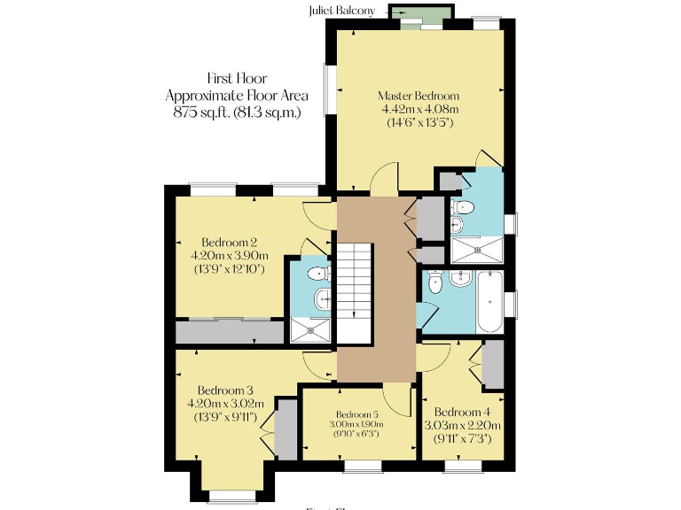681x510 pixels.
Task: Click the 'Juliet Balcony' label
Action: (x=341, y=11)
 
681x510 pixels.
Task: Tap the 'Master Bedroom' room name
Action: (x=419, y=96)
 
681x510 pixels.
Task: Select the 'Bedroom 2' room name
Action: (x=229, y=243)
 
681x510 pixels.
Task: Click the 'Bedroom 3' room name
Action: (x=225, y=390)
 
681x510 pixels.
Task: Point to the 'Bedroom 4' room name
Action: (x=462, y=412)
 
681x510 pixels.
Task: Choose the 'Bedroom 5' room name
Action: (x=357, y=414)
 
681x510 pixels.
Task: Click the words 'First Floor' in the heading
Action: (x=237, y=79)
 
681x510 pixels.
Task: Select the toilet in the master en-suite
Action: (x=463, y=208)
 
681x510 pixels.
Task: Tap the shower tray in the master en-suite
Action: (x=479, y=250)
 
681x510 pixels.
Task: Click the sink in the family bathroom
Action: (x=459, y=280)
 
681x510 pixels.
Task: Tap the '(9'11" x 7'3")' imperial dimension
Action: (x=462, y=439)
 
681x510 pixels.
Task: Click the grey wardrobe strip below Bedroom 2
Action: (x=229, y=332)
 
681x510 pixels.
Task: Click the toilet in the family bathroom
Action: (x=434, y=283)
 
